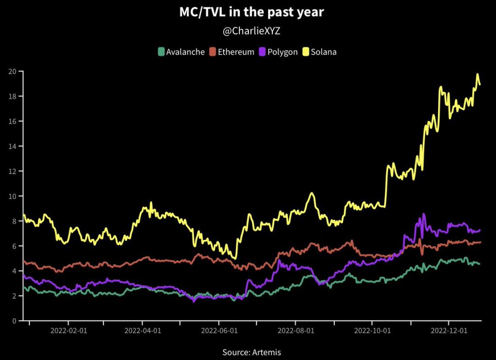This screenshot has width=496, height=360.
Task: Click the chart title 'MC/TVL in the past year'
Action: (x=251, y=12)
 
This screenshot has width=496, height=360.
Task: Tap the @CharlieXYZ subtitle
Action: (x=251, y=31)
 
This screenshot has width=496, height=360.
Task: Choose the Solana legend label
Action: (x=324, y=52)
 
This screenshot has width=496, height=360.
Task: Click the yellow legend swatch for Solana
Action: (x=305, y=51)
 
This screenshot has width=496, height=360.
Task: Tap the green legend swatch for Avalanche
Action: (x=161, y=51)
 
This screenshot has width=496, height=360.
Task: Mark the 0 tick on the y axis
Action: (x=14, y=321)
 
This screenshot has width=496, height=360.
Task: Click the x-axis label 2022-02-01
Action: (x=68, y=330)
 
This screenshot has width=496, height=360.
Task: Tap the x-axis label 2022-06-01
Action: (x=219, y=330)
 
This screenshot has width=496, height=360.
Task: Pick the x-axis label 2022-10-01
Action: (x=372, y=330)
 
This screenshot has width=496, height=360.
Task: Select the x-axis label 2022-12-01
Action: (x=448, y=330)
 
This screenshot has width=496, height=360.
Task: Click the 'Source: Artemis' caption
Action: (x=251, y=352)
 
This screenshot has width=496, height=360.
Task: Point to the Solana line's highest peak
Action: (x=477, y=74)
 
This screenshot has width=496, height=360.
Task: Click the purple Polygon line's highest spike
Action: (x=423, y=214)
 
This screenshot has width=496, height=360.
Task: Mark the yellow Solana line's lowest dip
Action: (x=235, y=258)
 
